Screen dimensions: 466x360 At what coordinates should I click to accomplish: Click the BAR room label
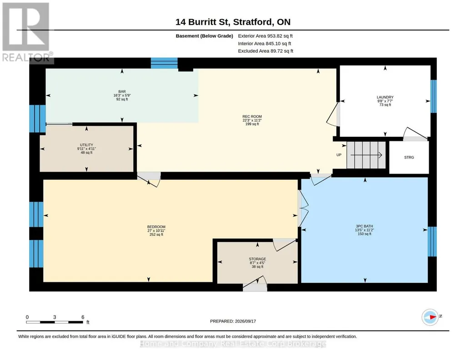tap(122, 91)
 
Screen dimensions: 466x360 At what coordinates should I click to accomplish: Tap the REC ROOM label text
tap(252, 116)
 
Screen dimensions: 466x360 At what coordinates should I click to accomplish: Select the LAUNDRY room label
tap(385, 97)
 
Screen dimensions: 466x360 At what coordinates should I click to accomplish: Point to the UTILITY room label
tap(86, 145)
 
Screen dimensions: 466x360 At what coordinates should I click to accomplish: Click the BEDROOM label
tap(156, 227)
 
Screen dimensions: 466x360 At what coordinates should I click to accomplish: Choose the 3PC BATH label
tap(364, 226)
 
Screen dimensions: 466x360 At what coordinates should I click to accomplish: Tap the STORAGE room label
tap(257, 259)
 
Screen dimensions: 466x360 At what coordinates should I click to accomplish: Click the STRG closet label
tap(409, 157)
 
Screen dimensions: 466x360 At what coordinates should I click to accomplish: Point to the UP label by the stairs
tap(339, 155)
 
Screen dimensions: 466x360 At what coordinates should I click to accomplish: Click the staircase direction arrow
tap(366, 155)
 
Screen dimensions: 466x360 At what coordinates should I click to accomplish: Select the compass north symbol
tap(430, 317)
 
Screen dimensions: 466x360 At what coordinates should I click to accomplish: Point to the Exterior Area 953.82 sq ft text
tap(266, 36)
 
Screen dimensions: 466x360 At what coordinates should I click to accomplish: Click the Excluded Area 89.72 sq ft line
tap(266, 51)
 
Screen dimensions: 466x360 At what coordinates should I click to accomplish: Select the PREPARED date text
tap(233, 321)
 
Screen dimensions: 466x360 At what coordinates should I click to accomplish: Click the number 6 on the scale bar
tap(83, 317)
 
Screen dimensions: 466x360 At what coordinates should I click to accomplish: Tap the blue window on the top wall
tap(164, 63)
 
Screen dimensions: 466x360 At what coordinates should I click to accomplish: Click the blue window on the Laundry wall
tap(434, 96)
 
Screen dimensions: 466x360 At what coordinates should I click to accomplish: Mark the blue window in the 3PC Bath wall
tap(432, 241)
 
